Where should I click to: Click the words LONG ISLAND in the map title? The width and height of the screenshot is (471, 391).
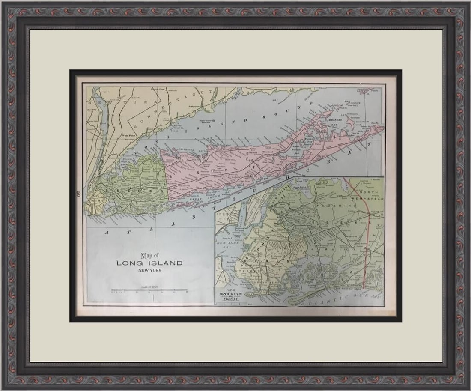pyautogui.click(x=149, y=263)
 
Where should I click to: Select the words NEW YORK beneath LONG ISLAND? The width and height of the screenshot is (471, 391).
pyautogui.click(x=149, y=270)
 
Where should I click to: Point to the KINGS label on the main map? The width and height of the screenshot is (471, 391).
pyautogui.click(x=96, y=200)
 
